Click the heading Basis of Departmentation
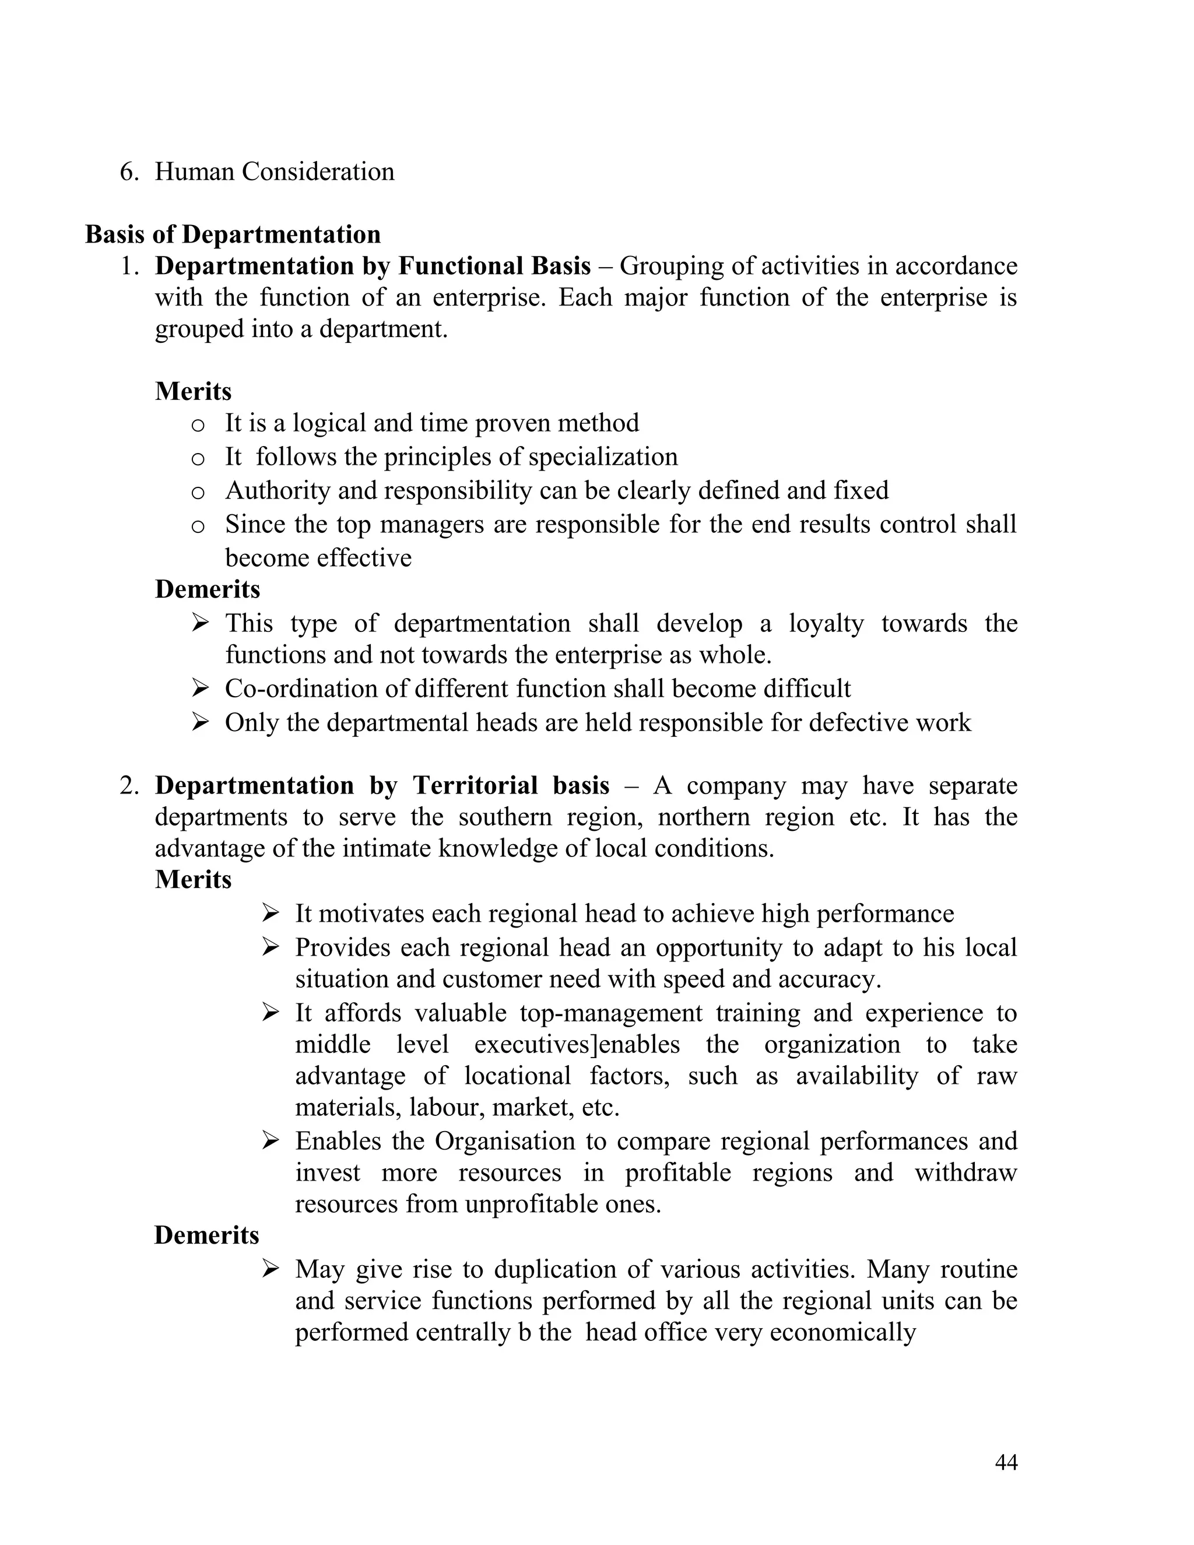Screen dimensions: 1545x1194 tap(233, 234)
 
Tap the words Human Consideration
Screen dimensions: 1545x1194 tap(275, 172)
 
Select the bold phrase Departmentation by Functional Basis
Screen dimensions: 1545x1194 tap(373, 266)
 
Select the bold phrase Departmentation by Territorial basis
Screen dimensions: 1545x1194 tap(382, 785)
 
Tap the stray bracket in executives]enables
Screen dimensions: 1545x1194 tap(594, 1045)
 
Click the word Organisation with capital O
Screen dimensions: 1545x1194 tap(505, 1141)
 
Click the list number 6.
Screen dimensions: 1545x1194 tap(129, 172)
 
